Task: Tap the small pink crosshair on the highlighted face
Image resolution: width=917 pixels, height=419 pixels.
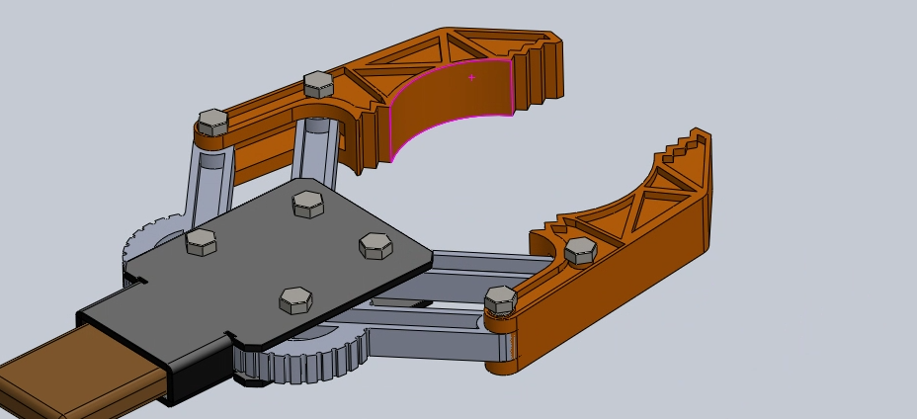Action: pyautogui.click(x=472, y=76)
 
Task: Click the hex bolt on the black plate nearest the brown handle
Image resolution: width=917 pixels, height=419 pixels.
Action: pyautogui.click(x=295, y=299)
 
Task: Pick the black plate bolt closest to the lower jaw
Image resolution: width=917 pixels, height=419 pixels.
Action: pyautogui.click(x=375, y=245)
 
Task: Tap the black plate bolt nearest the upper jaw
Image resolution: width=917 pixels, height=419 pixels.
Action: pyautogui.click(x=307, y=205)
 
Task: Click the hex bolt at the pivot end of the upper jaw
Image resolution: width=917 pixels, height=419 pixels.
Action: pyautogui.click(x=212, y=123)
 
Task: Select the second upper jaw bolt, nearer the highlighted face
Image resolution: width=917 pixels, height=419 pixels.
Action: pyautogui.click(x=317, y=84)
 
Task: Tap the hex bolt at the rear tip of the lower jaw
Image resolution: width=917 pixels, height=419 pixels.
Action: pyautogui.click(x=501, y=298)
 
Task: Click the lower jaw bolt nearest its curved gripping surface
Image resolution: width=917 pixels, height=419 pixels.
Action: pyautogui.click(x=579, y=250)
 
